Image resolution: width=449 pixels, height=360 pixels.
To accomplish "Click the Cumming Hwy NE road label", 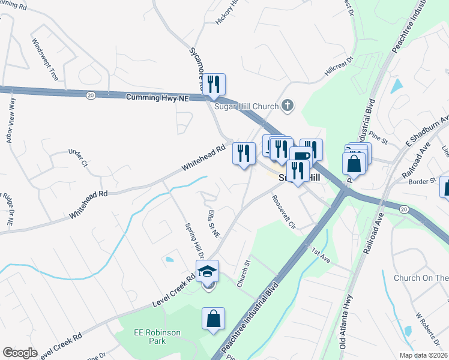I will pos(157,97).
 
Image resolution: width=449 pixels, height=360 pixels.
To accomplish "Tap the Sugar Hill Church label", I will pos(247,106).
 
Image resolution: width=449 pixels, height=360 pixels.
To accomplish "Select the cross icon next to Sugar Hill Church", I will pos(288,106).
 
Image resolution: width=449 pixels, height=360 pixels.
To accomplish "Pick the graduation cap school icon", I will pos(208,272).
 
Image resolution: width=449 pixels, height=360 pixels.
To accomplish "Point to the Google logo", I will pos(20,353).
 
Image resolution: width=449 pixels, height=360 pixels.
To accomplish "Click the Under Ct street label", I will pos(78,158).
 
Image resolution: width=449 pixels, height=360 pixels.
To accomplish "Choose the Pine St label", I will pos(379,134).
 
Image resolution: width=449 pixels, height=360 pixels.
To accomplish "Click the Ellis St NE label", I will pos(211,223).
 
